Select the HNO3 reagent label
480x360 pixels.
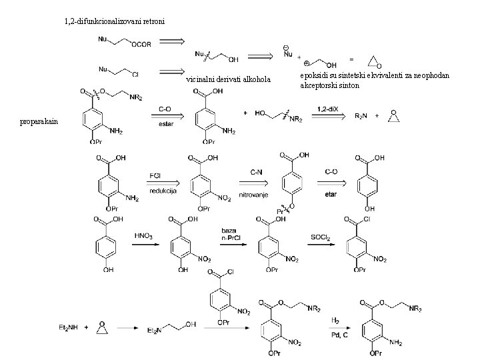point(144,235)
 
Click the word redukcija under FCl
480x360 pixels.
point(163,190)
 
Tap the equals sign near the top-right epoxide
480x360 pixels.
point(351,59)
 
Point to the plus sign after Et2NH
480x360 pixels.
point(85,327)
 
